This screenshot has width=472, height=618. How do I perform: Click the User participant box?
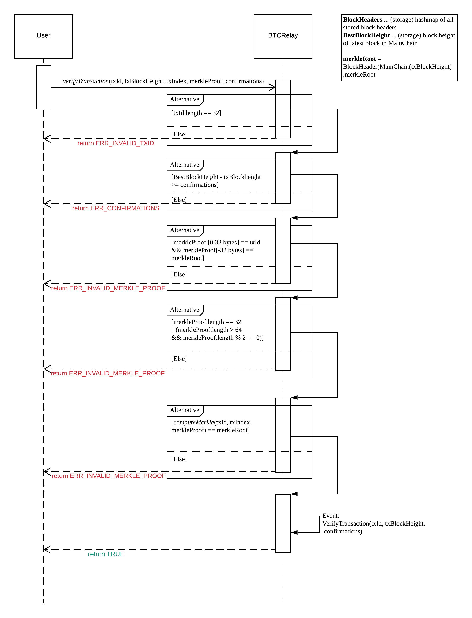(x=44, y=36)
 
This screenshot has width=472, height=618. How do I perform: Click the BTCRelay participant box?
(x=283, y=36)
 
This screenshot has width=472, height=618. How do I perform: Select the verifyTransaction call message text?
(x=163, y=81)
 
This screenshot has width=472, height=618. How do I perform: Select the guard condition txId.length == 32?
(x=196, y=113)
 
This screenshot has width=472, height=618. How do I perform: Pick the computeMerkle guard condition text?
(x=211, y=426)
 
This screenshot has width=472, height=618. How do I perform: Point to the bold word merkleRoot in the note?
(x=359, y=59)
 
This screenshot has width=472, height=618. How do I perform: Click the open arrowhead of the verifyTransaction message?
(x=272, y=87)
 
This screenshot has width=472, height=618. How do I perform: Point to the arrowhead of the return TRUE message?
(x=47, y=549)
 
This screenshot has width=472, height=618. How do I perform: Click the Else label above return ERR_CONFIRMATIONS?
(x=179, y=200)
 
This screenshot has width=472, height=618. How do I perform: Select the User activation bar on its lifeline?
(x=44, y=87)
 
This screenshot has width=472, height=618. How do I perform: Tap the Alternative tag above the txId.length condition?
(x=185, y=99)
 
